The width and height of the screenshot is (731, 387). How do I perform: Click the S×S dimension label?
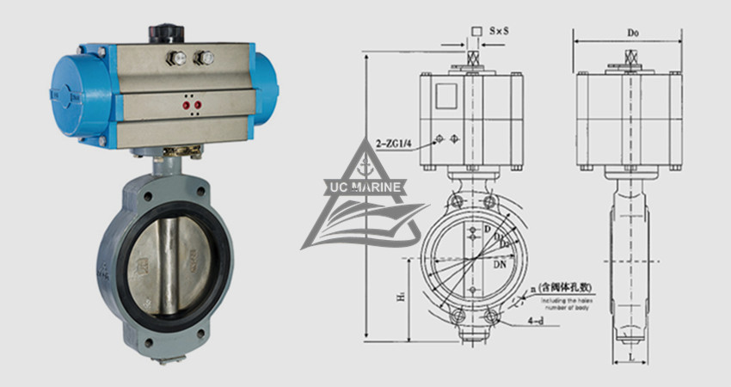click(499, 31)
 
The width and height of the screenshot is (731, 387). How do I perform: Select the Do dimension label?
click(633, 33)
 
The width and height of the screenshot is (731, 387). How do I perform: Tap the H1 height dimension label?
click(402, 297)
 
